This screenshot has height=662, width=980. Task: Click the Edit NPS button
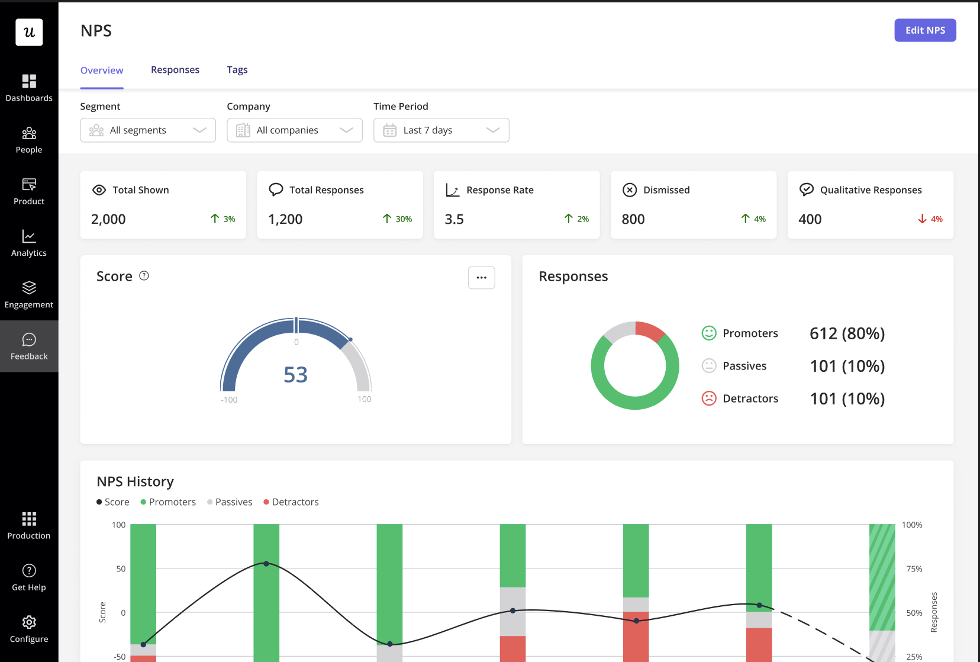[924, 30]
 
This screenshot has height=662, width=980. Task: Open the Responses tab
[175, 70]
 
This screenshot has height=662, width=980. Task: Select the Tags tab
[237, 70]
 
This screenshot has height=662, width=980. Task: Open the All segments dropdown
[148, 130]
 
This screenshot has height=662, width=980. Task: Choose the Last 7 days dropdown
[441, 130]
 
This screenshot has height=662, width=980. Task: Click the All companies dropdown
[294, 130]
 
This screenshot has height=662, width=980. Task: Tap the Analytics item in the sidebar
[29, 243]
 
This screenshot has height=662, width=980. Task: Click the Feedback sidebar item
[29, 346]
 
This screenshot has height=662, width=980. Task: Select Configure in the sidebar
[29, 629]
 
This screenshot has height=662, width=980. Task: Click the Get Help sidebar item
[29, 577]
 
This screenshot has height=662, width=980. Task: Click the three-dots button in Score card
[481, 277]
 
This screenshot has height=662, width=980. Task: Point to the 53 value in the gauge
[295, 375]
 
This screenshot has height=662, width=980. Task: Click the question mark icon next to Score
[144, 276]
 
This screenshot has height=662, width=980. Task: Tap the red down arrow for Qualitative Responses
[922, 219]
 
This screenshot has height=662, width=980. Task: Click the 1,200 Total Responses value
[285, 219]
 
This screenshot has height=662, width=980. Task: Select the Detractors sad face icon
[708, 399]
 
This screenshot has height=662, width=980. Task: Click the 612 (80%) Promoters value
[847, 333]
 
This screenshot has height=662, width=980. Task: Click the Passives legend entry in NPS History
[230, 502]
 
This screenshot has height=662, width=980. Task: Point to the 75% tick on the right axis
[914, 569]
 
